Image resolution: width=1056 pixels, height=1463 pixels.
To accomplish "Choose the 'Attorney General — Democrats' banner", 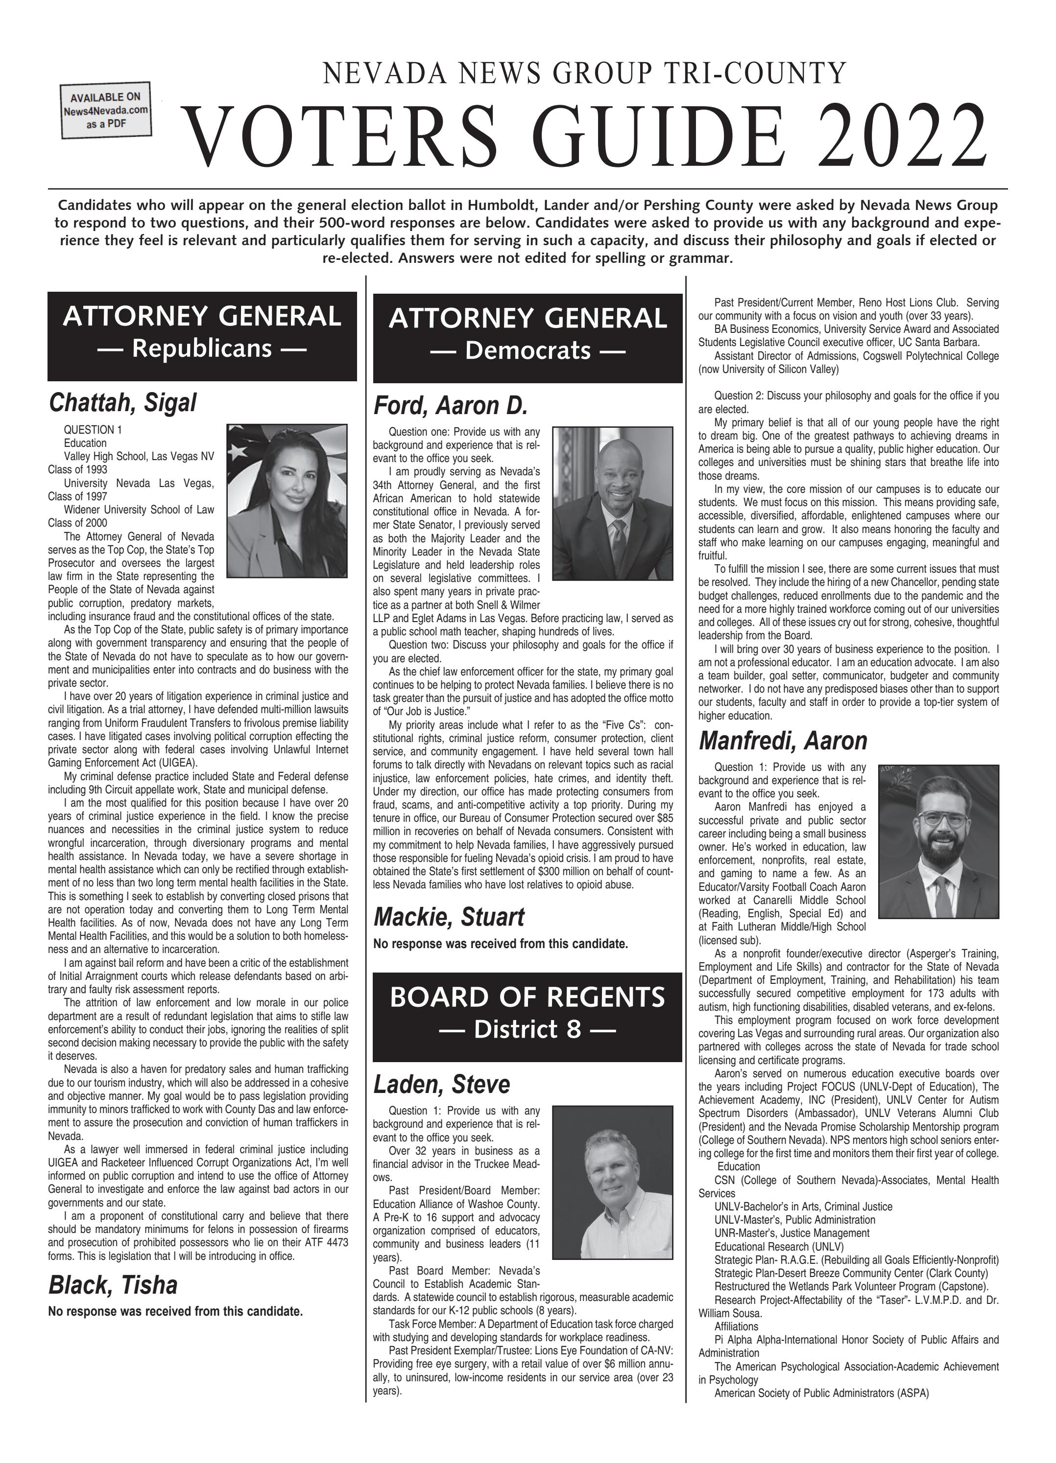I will tap(528, 337).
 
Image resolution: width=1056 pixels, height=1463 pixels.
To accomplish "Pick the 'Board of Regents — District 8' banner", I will tap(528, 1016).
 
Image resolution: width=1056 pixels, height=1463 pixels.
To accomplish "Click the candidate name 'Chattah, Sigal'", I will tap(122, 402).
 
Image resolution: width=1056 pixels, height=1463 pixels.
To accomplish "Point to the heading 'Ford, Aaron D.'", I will tap(451, 406).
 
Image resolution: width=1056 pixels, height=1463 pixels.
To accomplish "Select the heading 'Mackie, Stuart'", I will tap(449, 917).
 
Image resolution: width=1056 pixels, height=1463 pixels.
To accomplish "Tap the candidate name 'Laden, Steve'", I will tap(441, 1084).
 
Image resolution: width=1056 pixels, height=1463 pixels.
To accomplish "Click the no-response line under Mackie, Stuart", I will tap(500, 944).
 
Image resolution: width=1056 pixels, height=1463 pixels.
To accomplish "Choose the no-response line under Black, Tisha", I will tap(175, 1311).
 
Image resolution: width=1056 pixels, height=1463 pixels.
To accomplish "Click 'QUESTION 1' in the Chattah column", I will tap(92, 430).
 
